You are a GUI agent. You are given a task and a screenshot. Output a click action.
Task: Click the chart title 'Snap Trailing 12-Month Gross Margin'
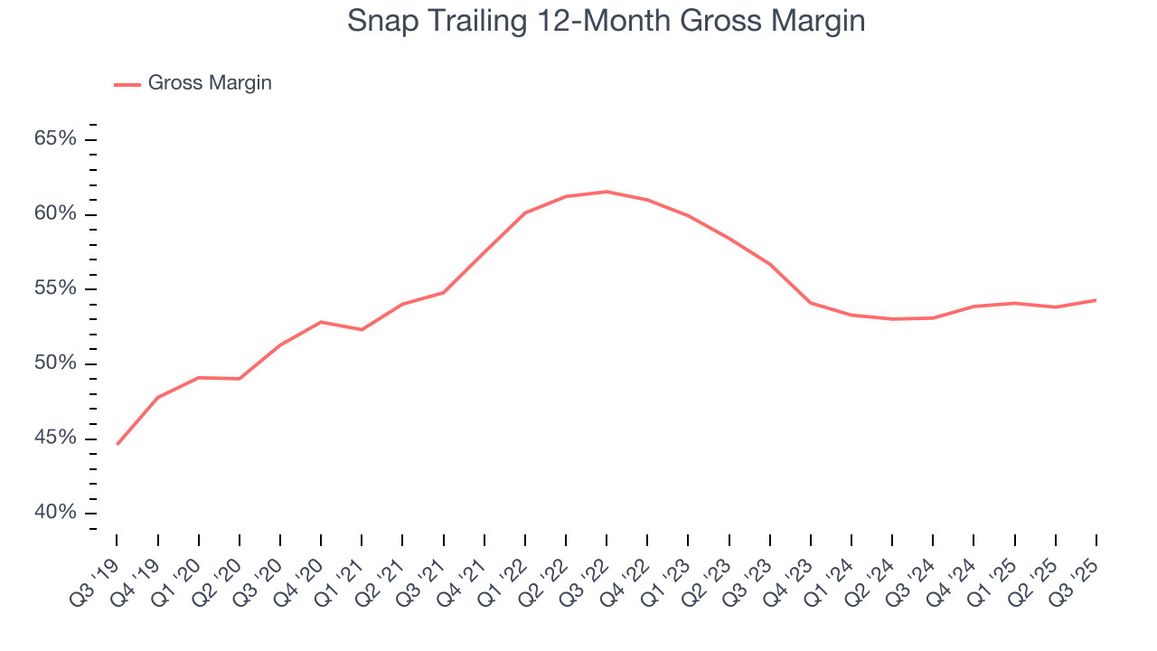[x=606, y=21]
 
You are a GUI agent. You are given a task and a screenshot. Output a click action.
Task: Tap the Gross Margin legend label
[x=210, y=83]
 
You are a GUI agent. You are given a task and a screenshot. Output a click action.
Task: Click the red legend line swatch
[x=127, y=84]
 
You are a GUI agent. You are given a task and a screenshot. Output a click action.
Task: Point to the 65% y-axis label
[x=55, y=139]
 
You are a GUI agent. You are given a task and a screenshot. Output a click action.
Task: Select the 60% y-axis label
[x=55, y=214]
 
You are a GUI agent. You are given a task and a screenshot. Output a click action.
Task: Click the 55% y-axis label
[x=55, y=289]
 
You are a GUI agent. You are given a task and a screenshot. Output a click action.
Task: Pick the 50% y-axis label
[x=55, y=363]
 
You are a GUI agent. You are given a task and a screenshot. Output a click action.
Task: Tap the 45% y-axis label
[x=55, y=439]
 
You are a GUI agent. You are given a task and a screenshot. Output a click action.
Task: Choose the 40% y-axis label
[x=55, y=513]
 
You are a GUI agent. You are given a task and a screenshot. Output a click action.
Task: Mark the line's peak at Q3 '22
[x=607, y=192]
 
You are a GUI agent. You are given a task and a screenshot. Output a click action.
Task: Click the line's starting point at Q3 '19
[x=118, y=444]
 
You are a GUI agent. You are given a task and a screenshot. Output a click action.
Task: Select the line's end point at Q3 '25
[x=1096, y=300]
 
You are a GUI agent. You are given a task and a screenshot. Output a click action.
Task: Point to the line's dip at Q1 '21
[x=362, y=330]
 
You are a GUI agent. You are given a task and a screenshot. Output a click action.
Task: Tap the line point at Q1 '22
[x=525, y=212]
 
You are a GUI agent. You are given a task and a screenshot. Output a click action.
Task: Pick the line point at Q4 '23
[x=811, y=303]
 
